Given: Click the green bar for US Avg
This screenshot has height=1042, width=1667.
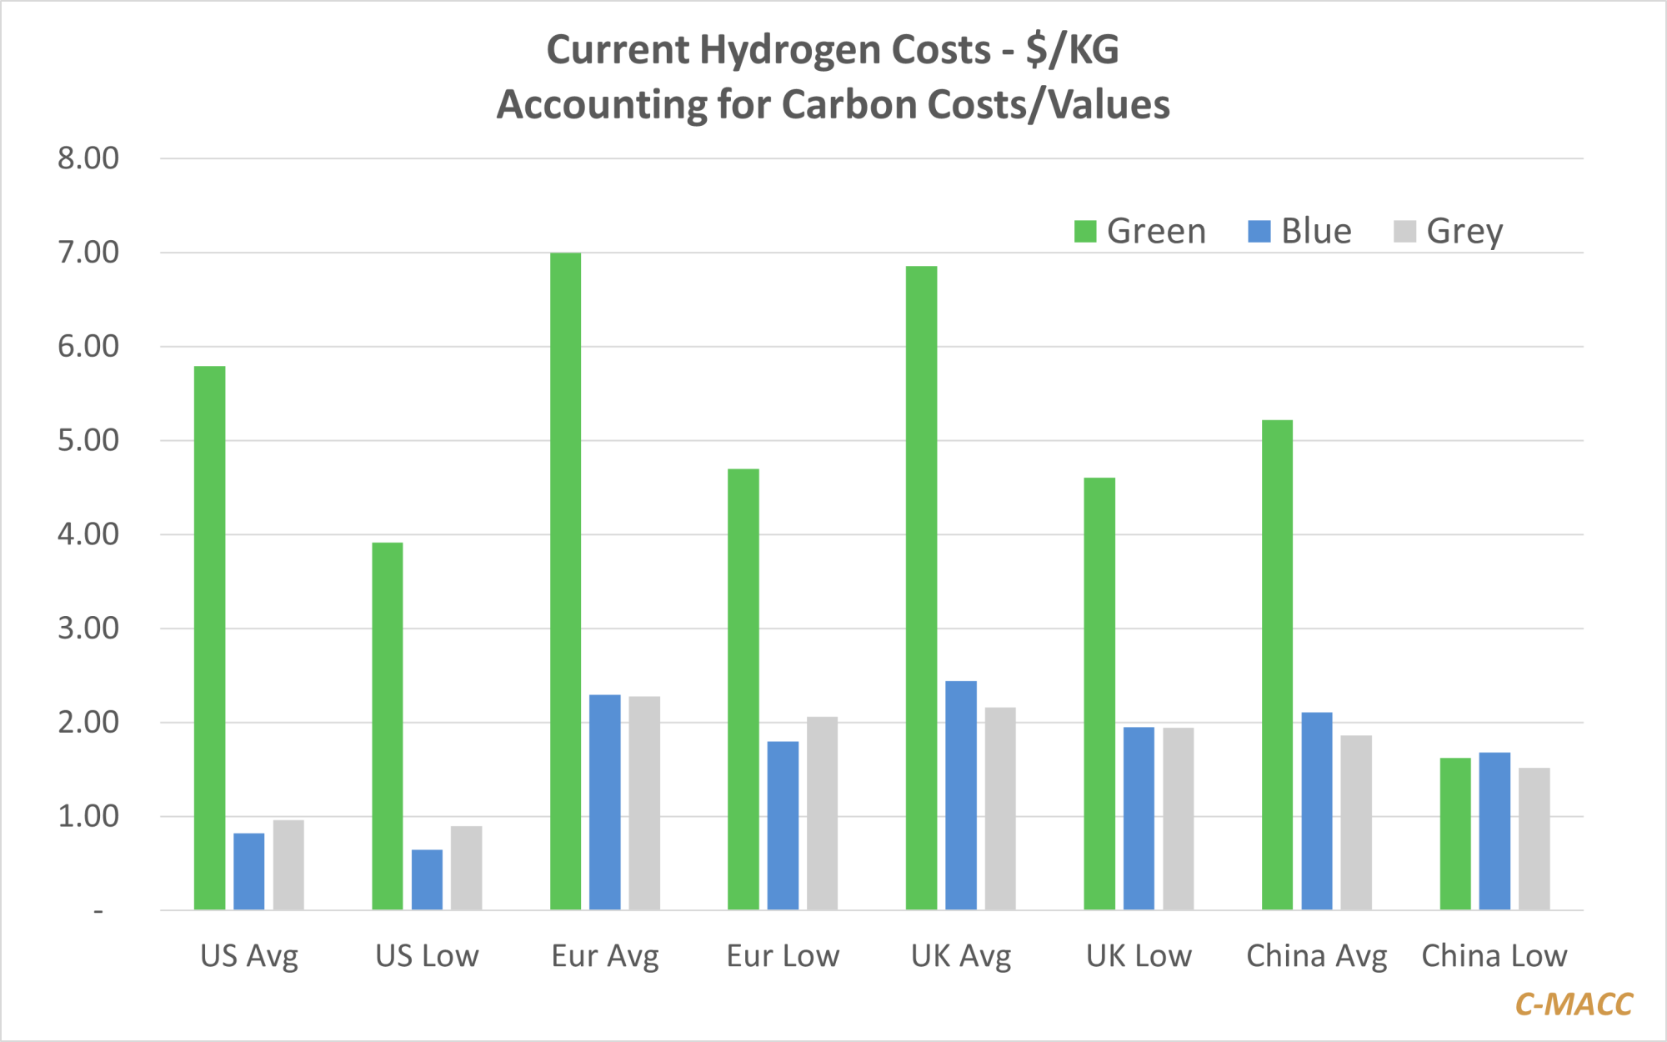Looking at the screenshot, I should (x=209, y=638).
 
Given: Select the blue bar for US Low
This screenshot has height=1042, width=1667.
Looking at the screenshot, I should (x=427, y=879).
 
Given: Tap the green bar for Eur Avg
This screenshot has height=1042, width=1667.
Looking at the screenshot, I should (x=565, y=581).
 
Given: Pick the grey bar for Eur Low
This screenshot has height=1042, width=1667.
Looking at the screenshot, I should (x=822, y=813).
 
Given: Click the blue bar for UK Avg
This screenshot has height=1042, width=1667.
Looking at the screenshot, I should (x=961, y=795).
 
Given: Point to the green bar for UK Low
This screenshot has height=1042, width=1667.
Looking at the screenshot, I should (x=1099, y=694).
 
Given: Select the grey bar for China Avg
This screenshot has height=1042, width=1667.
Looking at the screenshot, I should (x=1356, y=822).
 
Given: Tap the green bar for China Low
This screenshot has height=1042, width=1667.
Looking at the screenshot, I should (x=1455, y=834).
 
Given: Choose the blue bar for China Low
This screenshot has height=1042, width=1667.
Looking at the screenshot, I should (x=1494, y=831).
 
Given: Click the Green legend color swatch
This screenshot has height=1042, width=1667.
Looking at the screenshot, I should (x=1084, y=232).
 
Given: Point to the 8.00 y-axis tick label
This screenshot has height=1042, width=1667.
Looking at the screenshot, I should (x=88, y=158).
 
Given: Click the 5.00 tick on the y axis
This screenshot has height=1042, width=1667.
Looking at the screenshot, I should (x=88, y=440).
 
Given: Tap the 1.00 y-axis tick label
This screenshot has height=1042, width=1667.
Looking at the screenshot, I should (x=88, y=816).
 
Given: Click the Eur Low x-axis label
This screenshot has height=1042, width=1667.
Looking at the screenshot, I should (x=783, y=956).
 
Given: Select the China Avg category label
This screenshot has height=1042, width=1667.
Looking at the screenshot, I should (x=1316, y=956).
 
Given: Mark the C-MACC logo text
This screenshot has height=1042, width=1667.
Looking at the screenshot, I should (x=1574, y=1004).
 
